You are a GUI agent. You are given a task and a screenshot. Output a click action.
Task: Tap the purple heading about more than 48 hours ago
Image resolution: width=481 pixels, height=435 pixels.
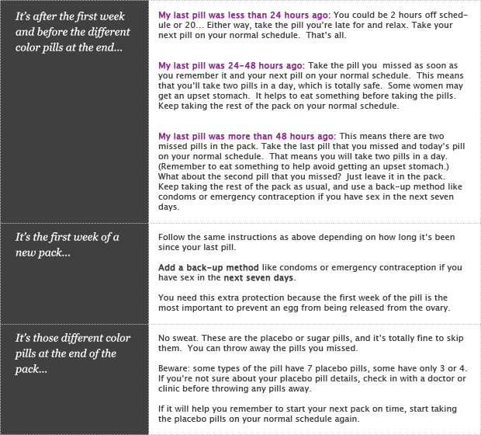point(246,135)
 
